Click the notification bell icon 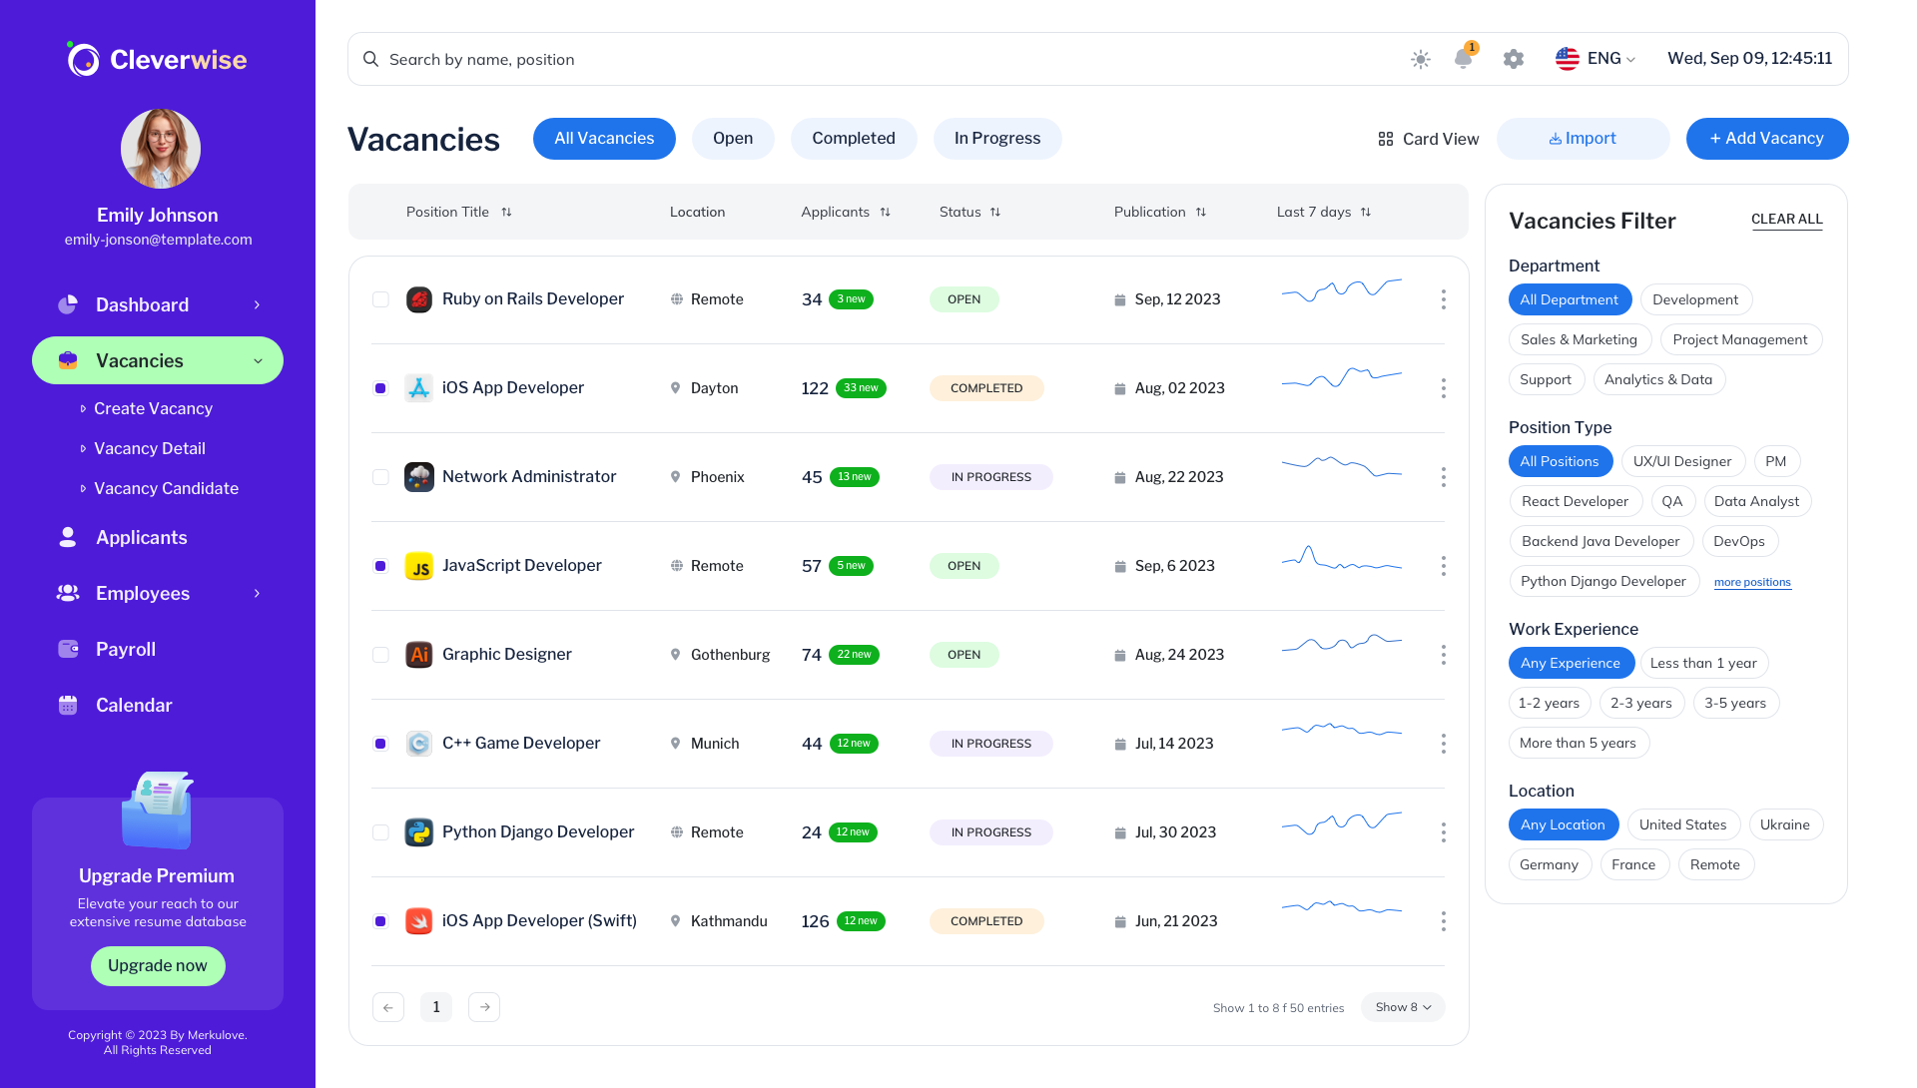pos(1463,59)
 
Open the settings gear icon pos(1514,59)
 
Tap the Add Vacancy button pos(1766,139)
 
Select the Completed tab pos(853,139)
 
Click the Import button pos(1583,139)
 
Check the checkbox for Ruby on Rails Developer pos(380,299)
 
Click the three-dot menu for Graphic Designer pos(1443,655)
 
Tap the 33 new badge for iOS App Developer pos(861,388)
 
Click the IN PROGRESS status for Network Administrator pos(990,477)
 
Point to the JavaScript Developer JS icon pos(419,567)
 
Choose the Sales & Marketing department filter pos(1579,339)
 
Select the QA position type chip pos(1672,501)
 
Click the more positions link pos(1752,582)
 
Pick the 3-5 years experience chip pos(1734,703)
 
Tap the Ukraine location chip pos(1784,824)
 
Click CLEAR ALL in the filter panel pos(1786,219)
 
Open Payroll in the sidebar pos(126,649)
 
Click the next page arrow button pos(484,1007)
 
